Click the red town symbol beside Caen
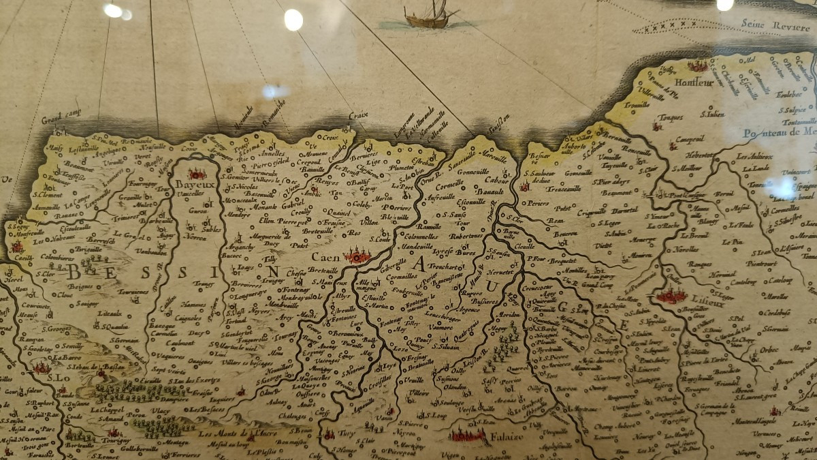(x=357, y=256)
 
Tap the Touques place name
(x=672, y=117)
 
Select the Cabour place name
(x=498, y=181)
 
